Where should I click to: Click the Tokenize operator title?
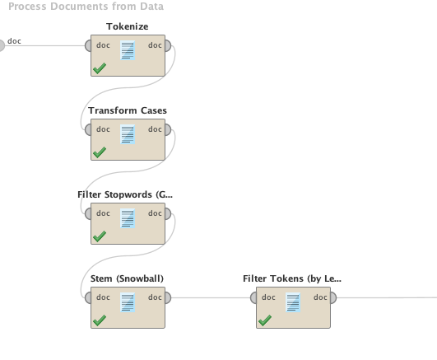point(128,26)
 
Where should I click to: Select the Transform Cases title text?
point(128,110)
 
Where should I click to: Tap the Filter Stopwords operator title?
point(125,194)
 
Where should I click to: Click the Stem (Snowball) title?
point(127,278)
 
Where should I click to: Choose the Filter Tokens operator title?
point(292,278)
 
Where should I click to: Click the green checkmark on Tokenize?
point(100,68)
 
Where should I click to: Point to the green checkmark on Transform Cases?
point(100,152)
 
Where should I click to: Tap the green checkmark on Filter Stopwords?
point(100,236)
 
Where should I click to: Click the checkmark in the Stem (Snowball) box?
point(100,320)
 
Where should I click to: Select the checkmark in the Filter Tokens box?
point(265,320)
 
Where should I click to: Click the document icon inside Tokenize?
point(128,50)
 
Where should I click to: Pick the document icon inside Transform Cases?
point(128,134)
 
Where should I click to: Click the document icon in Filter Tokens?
point(293,302)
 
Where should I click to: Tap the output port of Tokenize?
point(168,46)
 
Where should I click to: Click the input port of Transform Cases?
point(88,130)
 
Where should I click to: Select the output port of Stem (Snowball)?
point(168,297)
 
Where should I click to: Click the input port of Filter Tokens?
point(253,297)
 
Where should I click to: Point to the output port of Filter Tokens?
point(333,297)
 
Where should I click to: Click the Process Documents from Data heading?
point(86,6)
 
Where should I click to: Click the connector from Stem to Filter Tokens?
point(211,297)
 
